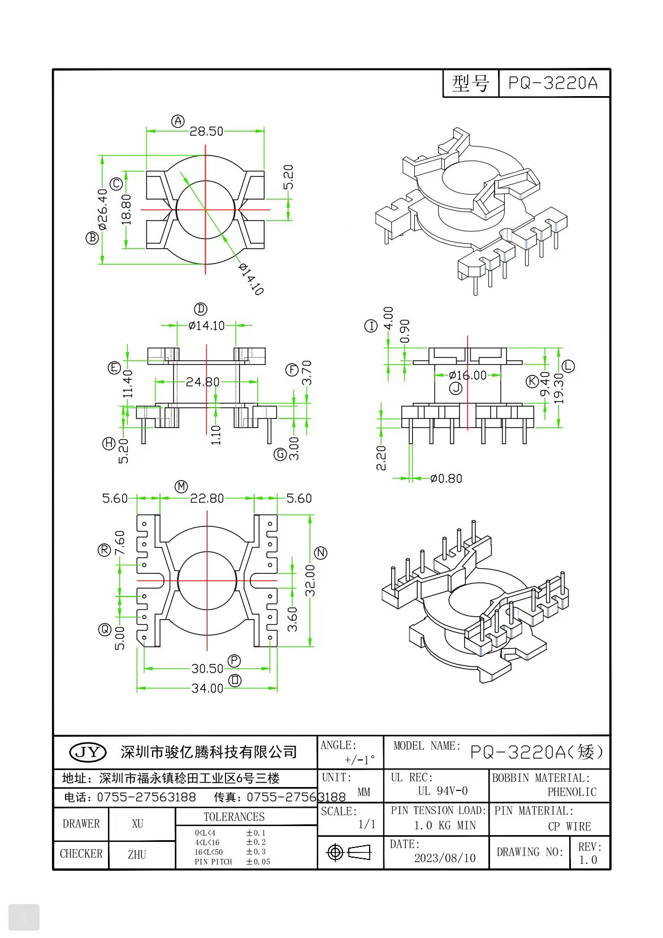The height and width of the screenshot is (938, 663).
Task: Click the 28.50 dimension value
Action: (x=206, y=131)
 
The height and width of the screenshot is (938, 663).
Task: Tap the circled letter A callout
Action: (x=178, y=121)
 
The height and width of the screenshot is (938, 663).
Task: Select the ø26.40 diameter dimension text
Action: (x=102, y=209)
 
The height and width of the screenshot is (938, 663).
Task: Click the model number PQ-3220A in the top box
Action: (x=553, y=83)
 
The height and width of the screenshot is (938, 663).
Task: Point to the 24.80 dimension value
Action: (x=203, y=382)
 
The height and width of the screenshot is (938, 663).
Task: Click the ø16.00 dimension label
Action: (x=467, y=375)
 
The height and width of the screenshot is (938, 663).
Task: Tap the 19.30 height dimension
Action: (x=559, y=388)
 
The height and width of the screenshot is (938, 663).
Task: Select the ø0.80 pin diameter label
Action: (x=446, y=479)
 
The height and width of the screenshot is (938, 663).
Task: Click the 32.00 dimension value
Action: (x=310, y=580)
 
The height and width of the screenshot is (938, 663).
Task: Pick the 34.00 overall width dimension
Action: (x=207, y=688)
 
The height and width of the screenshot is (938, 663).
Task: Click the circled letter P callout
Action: (x=234, y=660)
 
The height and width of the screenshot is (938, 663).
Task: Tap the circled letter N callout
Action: (x=320, y=552)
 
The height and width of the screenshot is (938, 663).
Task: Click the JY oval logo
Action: (x=88, y=752)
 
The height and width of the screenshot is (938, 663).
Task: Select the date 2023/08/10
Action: (x=445, y=858)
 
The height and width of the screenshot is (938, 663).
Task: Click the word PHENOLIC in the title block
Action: (x=571, y=792)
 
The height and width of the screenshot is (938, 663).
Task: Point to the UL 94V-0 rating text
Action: (x=443, y=791)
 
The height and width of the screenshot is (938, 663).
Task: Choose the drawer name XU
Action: (x=137, y=824)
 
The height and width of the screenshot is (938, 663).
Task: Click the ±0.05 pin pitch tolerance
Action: (x=258, y=862)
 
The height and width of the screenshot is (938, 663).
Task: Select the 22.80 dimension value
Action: (x=207, y=499)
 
